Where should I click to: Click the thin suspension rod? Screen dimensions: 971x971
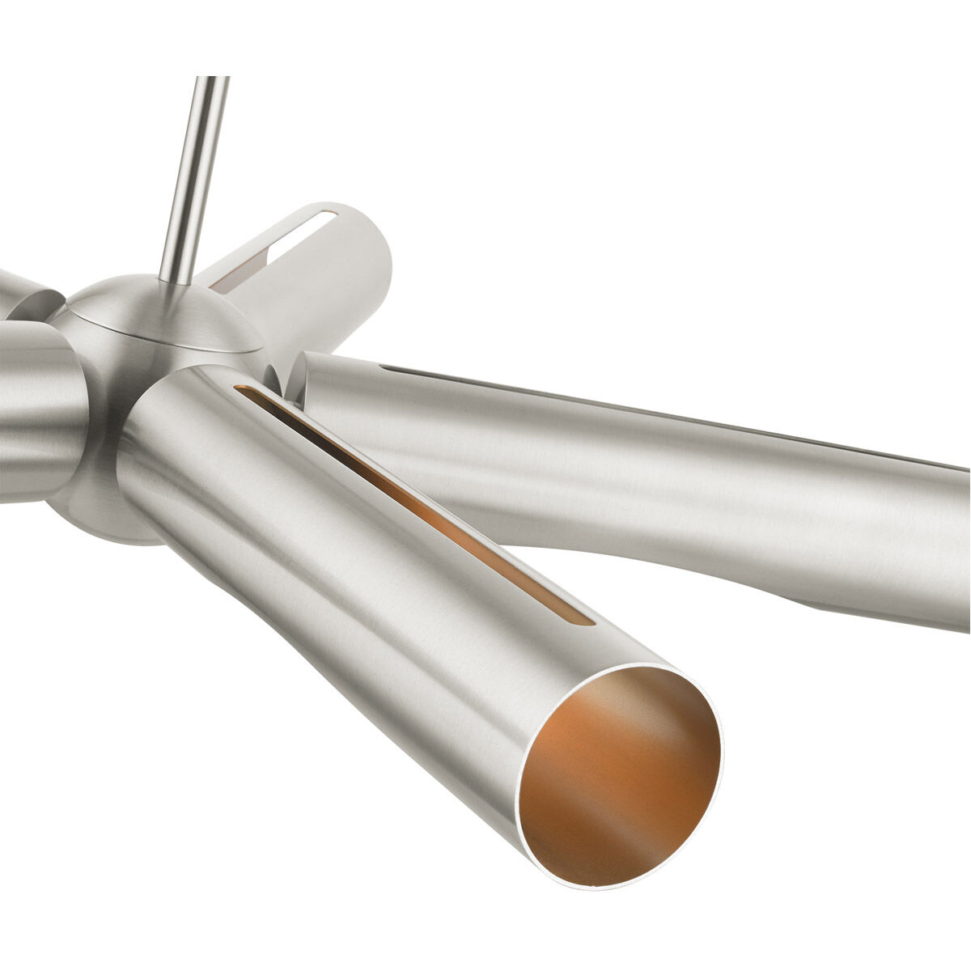tap(193, 178)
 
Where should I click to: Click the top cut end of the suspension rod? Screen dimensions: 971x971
tap(212, 78)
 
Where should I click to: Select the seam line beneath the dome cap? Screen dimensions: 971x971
tap(162, 340)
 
